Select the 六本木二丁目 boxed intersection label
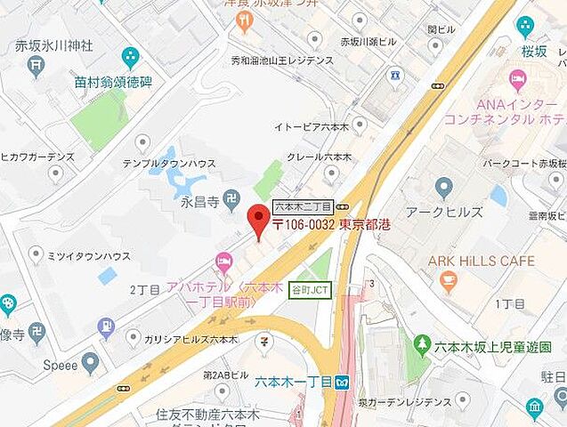coord(303,205)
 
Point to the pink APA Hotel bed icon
coord(223,260)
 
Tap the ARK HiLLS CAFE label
coord(482,261)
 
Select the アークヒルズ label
coord(444,212)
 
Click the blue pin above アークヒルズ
coord(444,188)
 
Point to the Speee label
coord(62,365)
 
